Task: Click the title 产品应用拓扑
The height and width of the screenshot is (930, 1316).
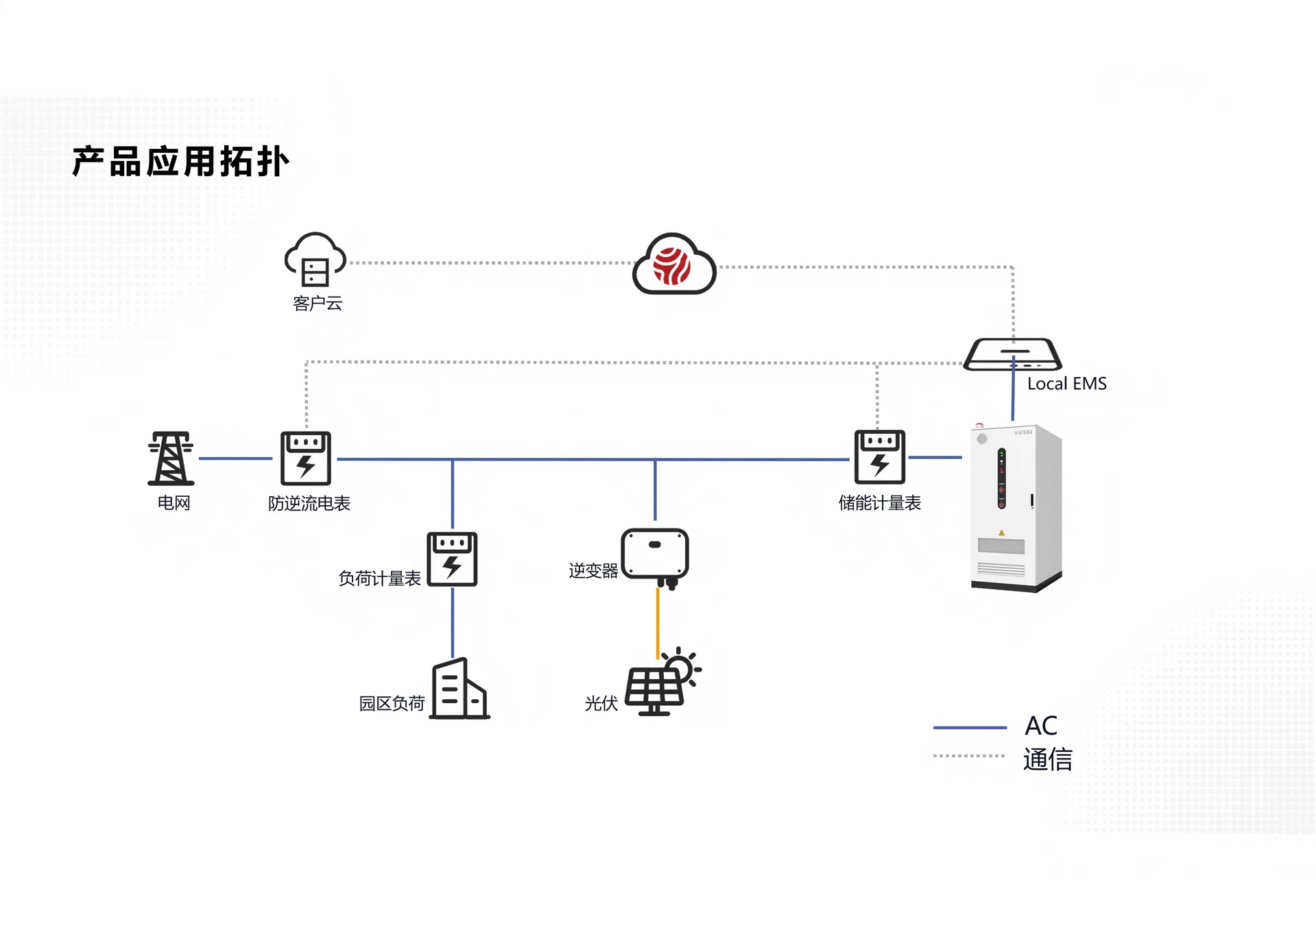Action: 181,162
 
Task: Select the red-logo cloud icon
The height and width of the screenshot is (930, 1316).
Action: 674,265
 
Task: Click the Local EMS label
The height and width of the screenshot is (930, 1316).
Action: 1066,384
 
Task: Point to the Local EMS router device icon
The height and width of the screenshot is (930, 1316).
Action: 1012,354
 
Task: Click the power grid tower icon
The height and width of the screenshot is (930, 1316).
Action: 171,458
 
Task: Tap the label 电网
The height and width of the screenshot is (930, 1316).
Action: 174,503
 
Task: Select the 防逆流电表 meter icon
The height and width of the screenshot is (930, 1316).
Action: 306,458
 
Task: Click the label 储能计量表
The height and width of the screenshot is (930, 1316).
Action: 879,503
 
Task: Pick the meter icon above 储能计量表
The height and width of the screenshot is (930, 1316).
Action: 879,457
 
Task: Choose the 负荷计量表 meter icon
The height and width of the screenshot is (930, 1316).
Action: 452,559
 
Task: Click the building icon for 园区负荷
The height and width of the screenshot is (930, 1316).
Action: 459,689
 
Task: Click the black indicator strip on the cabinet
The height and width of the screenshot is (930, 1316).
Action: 1001,478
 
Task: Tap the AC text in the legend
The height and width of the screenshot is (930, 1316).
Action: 1040,726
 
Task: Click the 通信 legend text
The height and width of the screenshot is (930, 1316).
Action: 1047,759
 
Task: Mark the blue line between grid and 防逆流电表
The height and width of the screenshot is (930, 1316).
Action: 235,458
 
